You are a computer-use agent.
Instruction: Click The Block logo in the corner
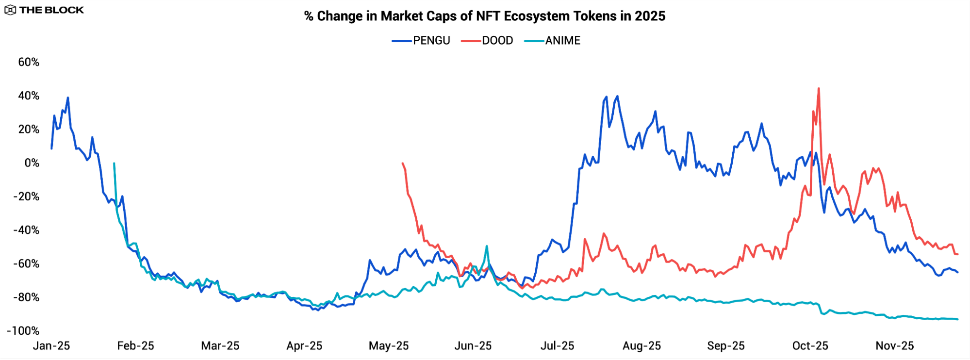pos(44,10)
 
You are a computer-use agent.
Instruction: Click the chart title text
pos(484,16)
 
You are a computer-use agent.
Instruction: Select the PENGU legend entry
pos(421,41)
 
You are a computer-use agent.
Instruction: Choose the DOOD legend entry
pos(487,41)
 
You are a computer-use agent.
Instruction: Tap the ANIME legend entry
pos(553,41)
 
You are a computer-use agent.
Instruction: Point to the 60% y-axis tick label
pos(29,62)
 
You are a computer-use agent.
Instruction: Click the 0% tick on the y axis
pos(32,163)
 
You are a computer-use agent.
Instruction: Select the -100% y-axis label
pos(23,331)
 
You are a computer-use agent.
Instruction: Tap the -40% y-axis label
pos(26,230)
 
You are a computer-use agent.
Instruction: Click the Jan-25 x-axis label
pos(51,346)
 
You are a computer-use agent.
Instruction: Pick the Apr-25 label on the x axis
pos(304,346)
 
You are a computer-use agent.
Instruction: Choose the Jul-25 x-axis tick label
pos(557,346)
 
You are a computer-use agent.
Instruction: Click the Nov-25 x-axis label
pos(894,346)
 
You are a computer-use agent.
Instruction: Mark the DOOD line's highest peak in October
pos(819,89)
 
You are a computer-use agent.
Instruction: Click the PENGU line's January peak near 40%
pos(68,98)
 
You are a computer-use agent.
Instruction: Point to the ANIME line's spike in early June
pos(486,246)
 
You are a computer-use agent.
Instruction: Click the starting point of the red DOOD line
pos(403,164)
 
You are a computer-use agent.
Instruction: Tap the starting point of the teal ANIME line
pos(114,164)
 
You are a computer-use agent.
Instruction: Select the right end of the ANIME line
pos(957,319)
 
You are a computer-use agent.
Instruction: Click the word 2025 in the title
pos(650,16)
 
